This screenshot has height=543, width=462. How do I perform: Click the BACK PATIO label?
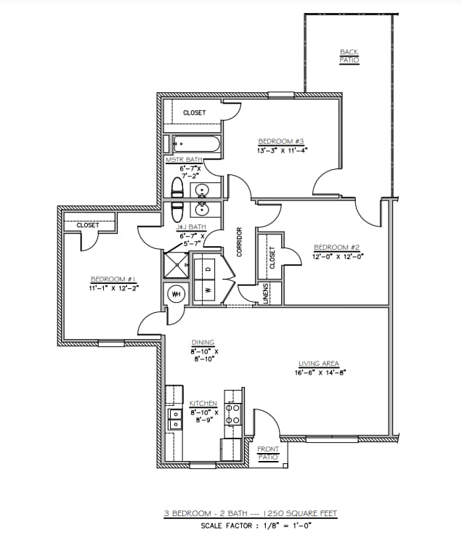[349, 55]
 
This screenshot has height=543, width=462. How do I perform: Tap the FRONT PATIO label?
[268, 452]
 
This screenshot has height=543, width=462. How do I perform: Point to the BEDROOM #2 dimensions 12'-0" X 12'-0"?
[338, 256]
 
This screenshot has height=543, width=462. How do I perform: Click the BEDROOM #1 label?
[113, 279]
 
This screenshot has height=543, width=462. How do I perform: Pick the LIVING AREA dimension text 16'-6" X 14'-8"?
[320, 372]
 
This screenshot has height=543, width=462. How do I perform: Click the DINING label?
[203, 343]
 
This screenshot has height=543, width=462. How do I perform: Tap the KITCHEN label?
[203, 404]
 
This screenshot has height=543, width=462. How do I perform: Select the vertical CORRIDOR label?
[239, 242]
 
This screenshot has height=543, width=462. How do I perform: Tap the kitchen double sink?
[175, 420]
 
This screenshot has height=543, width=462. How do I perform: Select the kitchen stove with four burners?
[232, 414]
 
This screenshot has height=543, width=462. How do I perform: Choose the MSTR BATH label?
[184, 160]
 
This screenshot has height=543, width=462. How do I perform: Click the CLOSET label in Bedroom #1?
[87, 225]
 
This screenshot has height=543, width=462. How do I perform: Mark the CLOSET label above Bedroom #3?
[194, 113]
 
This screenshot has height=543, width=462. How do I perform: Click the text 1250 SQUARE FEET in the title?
[302, 513]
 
